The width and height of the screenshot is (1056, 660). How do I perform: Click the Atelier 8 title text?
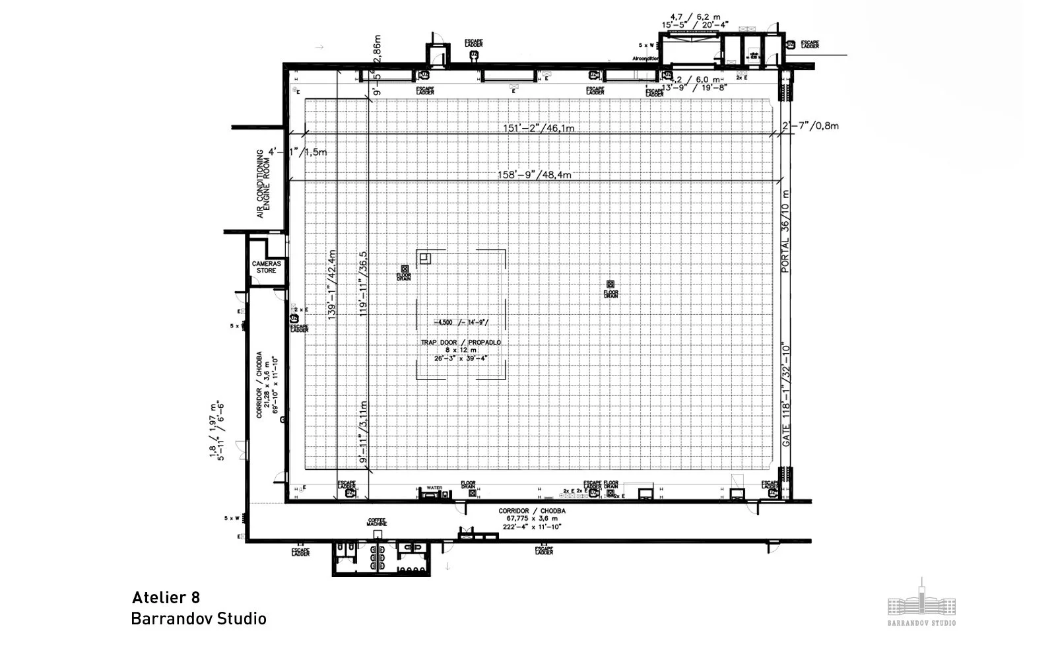166,598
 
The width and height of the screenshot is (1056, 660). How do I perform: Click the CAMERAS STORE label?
267,267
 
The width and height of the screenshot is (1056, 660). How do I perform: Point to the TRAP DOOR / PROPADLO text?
461,343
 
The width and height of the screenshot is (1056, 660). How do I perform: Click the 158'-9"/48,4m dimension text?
534,175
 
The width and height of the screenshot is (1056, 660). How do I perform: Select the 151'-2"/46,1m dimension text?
539,128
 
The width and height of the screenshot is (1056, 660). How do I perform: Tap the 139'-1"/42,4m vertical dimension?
332,284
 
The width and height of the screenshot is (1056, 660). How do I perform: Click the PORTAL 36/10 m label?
785,231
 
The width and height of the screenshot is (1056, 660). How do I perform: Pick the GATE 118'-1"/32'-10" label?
786,394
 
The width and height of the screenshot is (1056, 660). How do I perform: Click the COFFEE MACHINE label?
376,523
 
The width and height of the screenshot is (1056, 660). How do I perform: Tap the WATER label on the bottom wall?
434,488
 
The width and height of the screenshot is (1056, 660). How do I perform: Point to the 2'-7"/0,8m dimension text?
810,125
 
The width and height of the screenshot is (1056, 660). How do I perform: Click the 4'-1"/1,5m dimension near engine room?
298,152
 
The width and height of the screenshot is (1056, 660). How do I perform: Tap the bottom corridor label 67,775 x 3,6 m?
532,519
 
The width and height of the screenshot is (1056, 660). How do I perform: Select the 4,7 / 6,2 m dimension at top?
690,16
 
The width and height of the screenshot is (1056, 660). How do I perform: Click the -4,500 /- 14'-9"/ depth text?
461,322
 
